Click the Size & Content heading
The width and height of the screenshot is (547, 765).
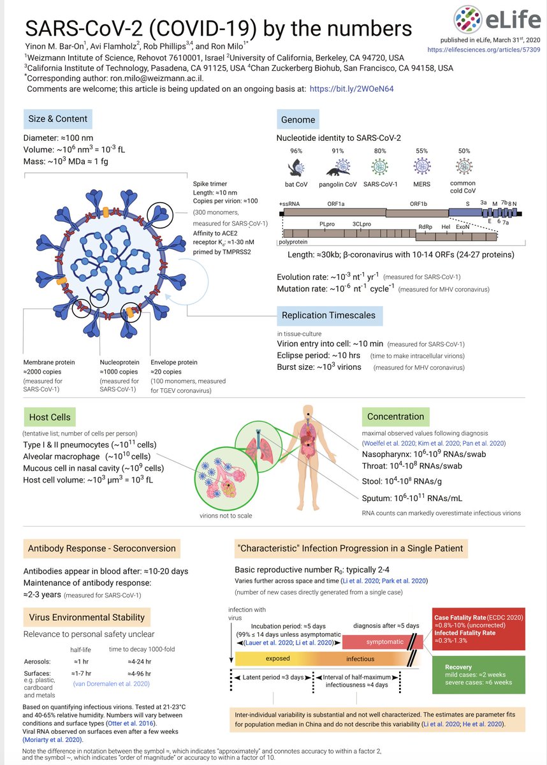click(x=57, y=119)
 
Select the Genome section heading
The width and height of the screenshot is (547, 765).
click(x=298, y=119)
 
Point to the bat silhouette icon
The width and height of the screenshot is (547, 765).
click(x=295, y=167)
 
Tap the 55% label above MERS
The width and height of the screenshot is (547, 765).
click(x=422, y=151)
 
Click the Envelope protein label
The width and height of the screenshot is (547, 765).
click(x=173, y=362)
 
